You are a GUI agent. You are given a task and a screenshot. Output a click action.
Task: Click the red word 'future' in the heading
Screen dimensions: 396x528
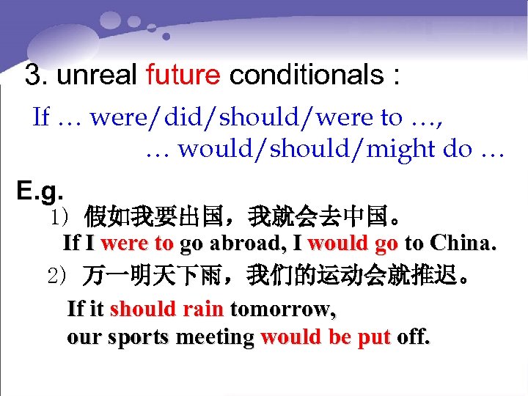pos(183,75)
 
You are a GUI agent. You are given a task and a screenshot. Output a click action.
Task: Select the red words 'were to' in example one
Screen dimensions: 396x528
pos(137,243)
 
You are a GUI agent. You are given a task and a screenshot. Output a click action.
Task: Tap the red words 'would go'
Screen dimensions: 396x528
pos(353,243)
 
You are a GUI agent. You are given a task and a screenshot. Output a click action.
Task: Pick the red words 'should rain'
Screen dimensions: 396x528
pos(166,309)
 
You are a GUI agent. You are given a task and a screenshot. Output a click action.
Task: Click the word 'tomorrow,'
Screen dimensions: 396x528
pos(283,309)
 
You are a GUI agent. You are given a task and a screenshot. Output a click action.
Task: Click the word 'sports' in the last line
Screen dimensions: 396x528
pos(139,337)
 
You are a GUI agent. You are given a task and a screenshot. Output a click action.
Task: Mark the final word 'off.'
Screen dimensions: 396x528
pos(414,337)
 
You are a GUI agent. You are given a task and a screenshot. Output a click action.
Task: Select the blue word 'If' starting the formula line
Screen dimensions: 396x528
pos(42,117)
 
